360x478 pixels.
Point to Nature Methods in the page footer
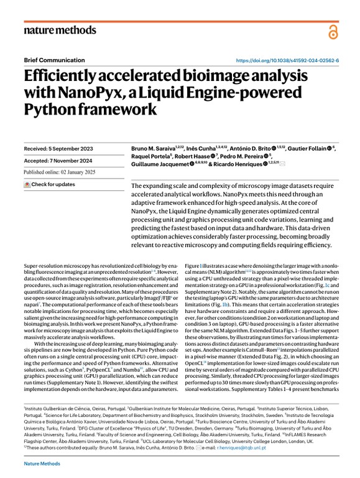coord(43,464)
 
